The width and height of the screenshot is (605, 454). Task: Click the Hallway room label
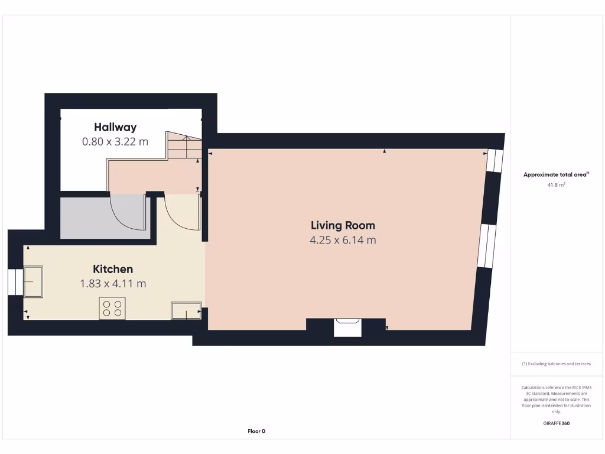click(115, 127)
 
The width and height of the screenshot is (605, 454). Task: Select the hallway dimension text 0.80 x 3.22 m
click(115, 142)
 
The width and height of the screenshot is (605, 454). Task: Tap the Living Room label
click(343, 225)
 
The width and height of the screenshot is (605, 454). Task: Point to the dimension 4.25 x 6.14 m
click(343, 240)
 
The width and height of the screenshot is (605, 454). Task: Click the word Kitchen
click(113, 269)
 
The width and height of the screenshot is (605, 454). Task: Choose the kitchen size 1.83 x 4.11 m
click(113, 284)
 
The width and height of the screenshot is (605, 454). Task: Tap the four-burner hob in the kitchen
click(112, 309)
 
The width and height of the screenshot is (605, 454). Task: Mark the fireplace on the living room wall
click(347, 327)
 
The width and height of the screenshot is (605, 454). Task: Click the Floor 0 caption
click(256, 431)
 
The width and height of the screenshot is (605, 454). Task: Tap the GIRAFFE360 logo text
click(557, 423)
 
